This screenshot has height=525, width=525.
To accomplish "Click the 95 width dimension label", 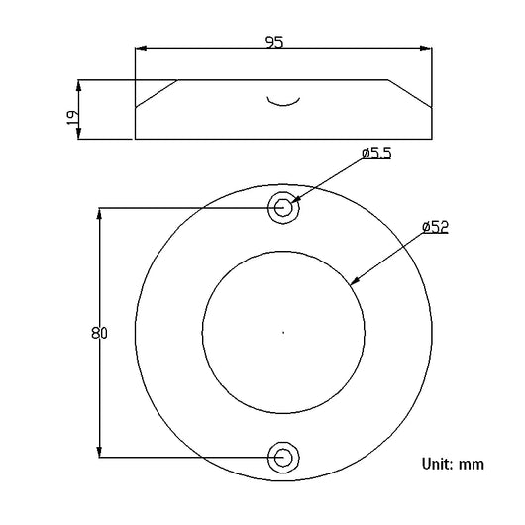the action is point(274,42).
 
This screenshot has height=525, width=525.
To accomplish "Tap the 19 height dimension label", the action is point(73,118).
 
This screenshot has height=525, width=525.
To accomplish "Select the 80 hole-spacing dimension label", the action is point(99,333).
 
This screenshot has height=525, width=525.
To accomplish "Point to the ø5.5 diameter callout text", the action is point(376,154).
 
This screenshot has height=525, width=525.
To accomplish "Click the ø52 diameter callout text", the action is point(435,227).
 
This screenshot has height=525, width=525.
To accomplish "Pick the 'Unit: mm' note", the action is point(453,464).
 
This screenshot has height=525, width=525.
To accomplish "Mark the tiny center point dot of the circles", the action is point(283,333).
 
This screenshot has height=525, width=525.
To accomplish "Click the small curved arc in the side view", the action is point(283,105).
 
